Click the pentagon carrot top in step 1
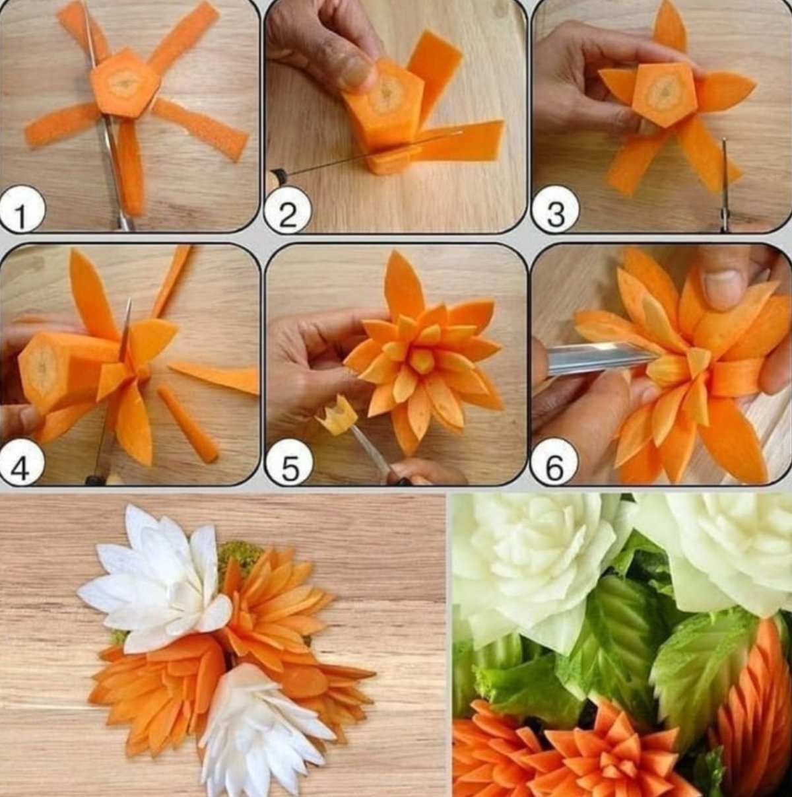(125, 84)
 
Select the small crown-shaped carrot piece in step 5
(337, 415)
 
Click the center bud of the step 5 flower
(422, 361)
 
